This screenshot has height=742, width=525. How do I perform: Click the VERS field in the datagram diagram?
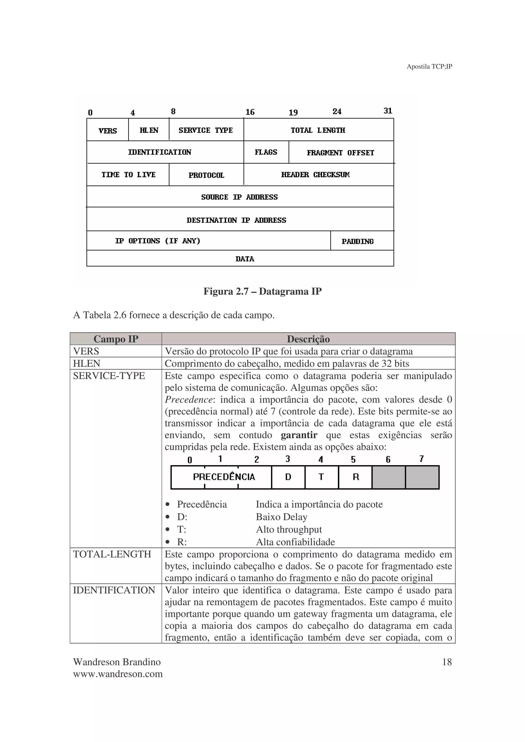(x=107, y=130)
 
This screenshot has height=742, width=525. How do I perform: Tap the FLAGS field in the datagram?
(x=266, y=152)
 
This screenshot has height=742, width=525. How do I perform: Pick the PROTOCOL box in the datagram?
(x=206, y=175)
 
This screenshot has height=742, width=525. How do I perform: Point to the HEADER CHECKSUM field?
(x=315, y=175)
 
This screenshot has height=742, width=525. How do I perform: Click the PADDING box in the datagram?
(x=358, y=241)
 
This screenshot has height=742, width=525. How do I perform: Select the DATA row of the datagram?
(x=245, y=259)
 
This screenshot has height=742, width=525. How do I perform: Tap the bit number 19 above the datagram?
(x=293, y=112)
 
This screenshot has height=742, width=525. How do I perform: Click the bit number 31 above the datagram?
(x=388, y=111)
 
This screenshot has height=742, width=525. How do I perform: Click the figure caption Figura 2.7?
(x=262, y=291)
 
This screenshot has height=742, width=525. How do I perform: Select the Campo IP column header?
(x=116, y=339)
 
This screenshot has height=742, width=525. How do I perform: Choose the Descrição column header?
(x=308, y=339)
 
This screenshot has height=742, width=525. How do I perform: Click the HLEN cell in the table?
(x=87, y=363)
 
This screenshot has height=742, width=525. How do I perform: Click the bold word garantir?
(x=299, y=435)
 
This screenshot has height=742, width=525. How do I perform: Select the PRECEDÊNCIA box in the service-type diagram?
(x=224, y=477)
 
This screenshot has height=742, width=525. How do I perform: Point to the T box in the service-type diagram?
(x=321, y=477)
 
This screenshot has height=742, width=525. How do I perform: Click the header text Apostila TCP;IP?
(x=429, y=67)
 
